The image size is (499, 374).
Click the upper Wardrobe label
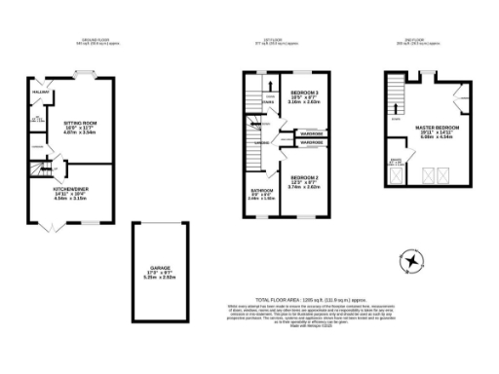[x=311, y=133]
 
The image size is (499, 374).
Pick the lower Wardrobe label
[x=311, y=143]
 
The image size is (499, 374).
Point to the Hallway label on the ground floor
[x=41, y=93]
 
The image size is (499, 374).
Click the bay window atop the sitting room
[x=85, y=72]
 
